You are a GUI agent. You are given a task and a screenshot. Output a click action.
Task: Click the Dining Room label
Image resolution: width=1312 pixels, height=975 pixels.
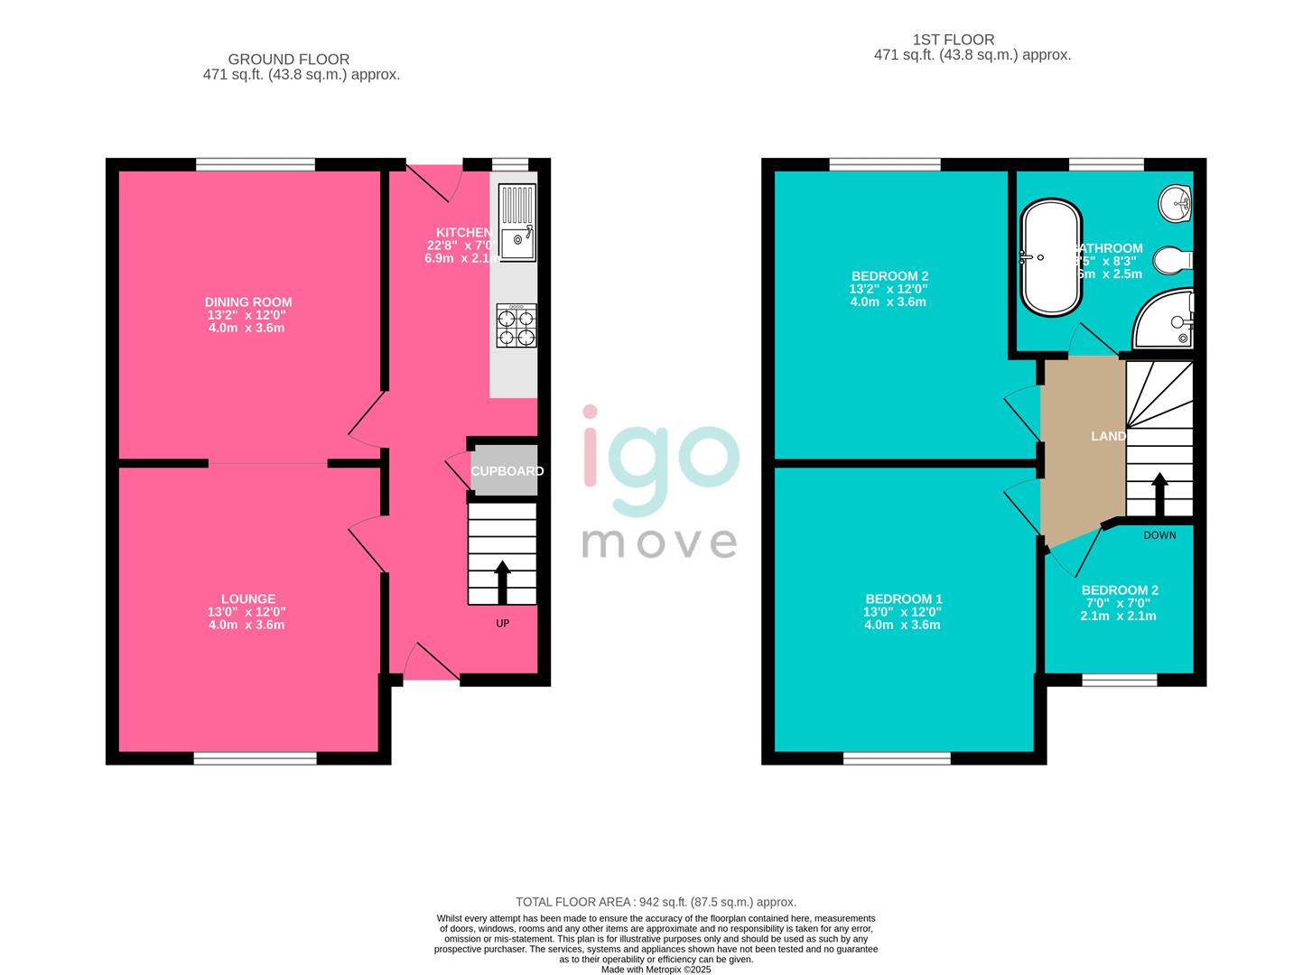coord(248,302)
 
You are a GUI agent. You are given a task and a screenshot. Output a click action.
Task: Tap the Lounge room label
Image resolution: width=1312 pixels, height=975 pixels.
coord(248,599)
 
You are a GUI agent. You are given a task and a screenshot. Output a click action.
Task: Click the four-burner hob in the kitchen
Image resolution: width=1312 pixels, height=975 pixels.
coord(515,326)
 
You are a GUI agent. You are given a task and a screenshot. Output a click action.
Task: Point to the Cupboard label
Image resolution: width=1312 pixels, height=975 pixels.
coord(507,471)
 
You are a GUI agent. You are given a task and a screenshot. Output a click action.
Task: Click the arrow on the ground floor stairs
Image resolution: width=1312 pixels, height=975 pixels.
coord(501,582)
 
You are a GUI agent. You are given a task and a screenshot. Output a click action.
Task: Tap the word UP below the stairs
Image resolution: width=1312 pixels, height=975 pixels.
coord(503,623)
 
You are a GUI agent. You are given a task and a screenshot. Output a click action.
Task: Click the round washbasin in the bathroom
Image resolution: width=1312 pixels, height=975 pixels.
coord(1177,203)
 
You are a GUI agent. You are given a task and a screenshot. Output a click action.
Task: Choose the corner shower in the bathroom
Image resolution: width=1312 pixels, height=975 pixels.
coord(1167,318)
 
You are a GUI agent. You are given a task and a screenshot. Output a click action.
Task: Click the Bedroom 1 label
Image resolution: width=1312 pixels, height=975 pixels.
coord(903,599)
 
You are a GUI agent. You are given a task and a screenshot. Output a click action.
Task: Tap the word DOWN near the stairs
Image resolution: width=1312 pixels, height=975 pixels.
coord(1159,535)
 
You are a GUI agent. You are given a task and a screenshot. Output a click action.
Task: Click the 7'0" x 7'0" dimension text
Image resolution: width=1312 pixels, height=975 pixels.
coord(1118,603)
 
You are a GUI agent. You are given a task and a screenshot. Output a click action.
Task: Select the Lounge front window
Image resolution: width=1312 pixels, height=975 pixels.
coord(256,758)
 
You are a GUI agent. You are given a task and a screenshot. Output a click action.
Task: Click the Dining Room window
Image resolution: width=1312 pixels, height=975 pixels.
coord(256,164)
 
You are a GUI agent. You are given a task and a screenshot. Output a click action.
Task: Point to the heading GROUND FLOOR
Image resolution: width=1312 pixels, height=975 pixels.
coord(288,60)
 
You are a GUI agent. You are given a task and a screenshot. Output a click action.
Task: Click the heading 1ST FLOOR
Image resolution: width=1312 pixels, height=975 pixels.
coord(953,40)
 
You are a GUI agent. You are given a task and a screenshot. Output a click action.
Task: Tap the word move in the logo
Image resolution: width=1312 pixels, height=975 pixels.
coord(658,543)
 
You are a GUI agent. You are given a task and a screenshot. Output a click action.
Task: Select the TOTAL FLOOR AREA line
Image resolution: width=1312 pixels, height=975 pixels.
coord(656,902)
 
